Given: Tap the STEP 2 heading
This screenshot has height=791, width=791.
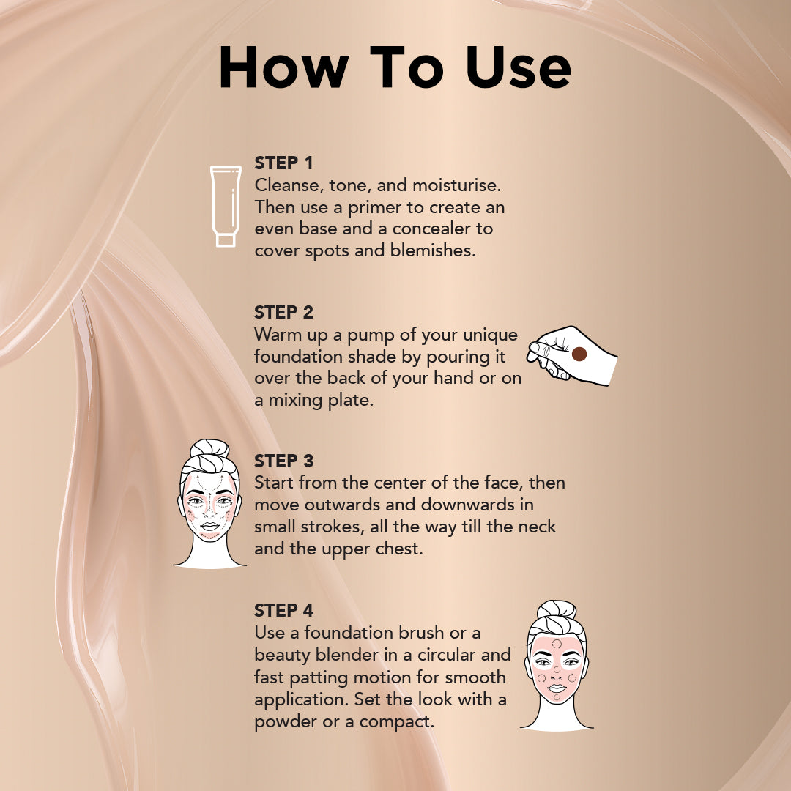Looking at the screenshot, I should [283, 312].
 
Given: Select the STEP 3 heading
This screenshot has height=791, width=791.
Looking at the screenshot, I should [283, 461].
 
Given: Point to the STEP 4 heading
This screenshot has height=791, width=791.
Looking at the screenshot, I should [284, 610].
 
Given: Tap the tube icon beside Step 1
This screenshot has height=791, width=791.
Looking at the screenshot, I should [226, 201].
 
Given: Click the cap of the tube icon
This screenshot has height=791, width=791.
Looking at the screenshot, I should [226, 239].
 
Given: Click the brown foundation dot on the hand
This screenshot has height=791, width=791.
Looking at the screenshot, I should [579, 354].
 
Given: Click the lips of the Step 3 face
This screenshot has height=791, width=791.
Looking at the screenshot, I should [209, 526].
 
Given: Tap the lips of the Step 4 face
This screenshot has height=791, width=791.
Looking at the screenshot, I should [557, 688].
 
